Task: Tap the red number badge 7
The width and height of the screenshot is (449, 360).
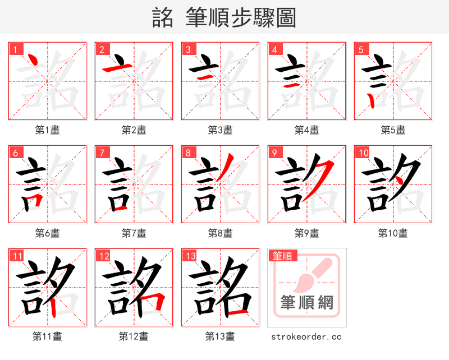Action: [102, 153]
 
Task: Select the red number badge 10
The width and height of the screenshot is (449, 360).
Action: [362, 153]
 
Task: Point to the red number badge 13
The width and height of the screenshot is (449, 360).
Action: [189, 256]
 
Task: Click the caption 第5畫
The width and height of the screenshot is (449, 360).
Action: [393, 130]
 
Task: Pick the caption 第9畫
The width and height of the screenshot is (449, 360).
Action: [306, 233]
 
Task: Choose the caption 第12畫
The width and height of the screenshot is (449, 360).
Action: [134, 336]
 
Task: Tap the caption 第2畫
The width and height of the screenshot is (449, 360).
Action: [134, 130]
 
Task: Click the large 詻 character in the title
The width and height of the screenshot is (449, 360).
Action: [163, 18]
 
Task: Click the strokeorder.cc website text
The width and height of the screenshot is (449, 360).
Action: [306, 337]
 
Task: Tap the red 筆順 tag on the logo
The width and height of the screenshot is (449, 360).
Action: [282, 256]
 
